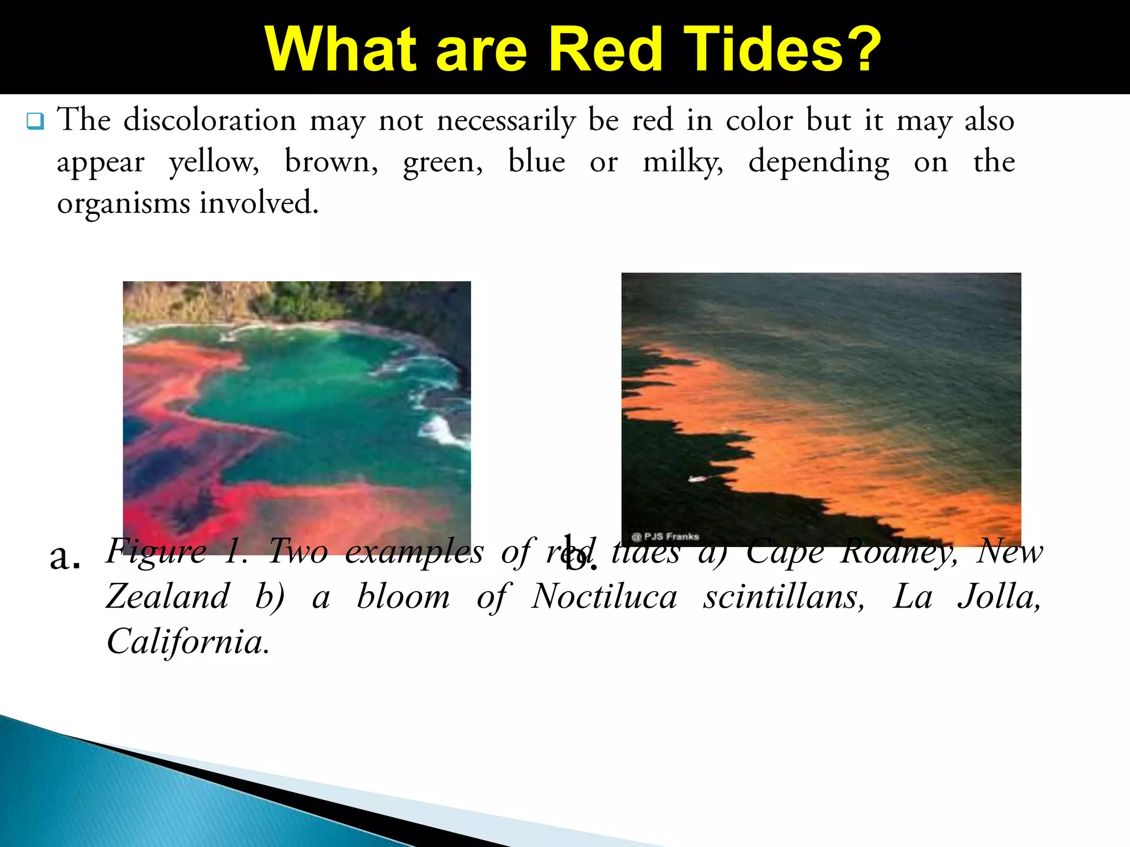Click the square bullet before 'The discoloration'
click(35, 121)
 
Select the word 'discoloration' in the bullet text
click(210, 120)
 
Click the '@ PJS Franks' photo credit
click(665, 536)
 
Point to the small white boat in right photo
click(697, 478)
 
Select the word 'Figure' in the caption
click(156, 551)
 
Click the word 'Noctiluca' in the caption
click(604, 597)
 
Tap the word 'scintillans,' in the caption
click(783, 597)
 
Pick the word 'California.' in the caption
click(188, 642)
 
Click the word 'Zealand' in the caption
click(168, 597)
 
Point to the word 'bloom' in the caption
click(403, 597)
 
